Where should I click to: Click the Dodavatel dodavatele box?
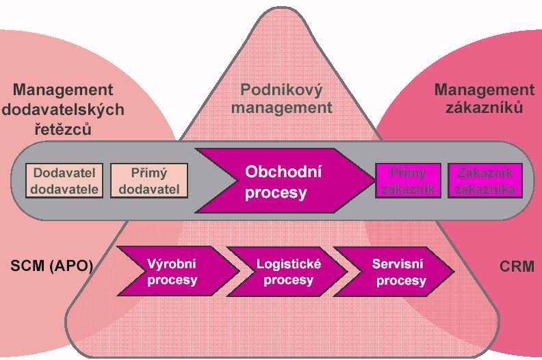[64, 181]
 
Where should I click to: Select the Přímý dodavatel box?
[149, 181]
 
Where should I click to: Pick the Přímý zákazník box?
[409, 181]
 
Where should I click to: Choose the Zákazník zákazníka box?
[485, 181]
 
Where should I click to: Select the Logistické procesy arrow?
[287, 271]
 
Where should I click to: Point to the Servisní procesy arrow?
[394, 271]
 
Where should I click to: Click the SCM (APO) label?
[52, 266]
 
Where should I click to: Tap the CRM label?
[517, 266]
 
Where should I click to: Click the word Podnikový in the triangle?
[281, 90]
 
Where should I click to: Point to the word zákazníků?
[485, 107]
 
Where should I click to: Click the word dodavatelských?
[63, 110]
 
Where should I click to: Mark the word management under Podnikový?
[281, 108]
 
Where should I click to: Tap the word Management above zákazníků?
[485, 90]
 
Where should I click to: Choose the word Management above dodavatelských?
[63, 90]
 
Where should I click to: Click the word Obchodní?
[283, 172]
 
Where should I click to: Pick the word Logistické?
[289, 264]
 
